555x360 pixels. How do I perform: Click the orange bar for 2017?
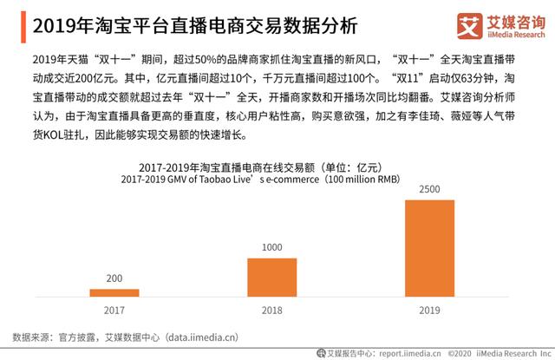click(x=114, y=292)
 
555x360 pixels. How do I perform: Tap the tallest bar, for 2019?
click(x=429, y=247)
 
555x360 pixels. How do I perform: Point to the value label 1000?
click(x=271, y=246)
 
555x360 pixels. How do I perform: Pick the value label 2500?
click(x=429, y=188)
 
